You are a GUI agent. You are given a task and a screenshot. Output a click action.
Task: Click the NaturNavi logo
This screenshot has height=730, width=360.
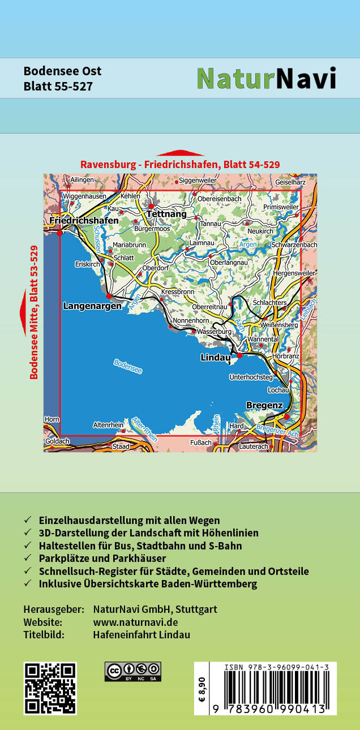(x=266, y=79)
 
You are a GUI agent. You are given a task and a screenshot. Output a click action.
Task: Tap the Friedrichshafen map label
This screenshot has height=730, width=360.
(x=84, y=220)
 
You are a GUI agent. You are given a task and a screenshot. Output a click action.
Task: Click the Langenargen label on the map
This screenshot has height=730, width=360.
(x=92, y=306)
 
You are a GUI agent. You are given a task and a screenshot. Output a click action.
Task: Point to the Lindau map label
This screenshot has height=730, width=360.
(x=215, y=358)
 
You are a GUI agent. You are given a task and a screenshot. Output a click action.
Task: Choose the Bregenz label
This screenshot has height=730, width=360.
(x=264, y=405)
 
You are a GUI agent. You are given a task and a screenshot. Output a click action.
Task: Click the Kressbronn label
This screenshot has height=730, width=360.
(x=178, y=292)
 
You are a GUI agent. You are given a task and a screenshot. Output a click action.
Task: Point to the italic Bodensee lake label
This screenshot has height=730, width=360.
(x=127, y=367)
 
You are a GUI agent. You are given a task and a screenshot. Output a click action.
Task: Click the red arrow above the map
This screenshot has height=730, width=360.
(x=180, y=153)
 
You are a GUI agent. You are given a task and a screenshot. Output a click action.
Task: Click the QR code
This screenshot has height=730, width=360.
(x=50, y=688)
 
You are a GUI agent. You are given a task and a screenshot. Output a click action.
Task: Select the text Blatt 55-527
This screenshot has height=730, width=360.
(x=58, y=87)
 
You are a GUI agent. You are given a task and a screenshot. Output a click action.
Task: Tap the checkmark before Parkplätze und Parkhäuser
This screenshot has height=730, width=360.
(x=28, y=559)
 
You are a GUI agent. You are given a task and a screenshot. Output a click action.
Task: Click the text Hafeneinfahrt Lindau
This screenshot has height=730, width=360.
(x=142, y=634)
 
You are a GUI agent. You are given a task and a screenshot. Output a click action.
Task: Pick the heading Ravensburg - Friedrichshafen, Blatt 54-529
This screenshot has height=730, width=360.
(x=180, y=165)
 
